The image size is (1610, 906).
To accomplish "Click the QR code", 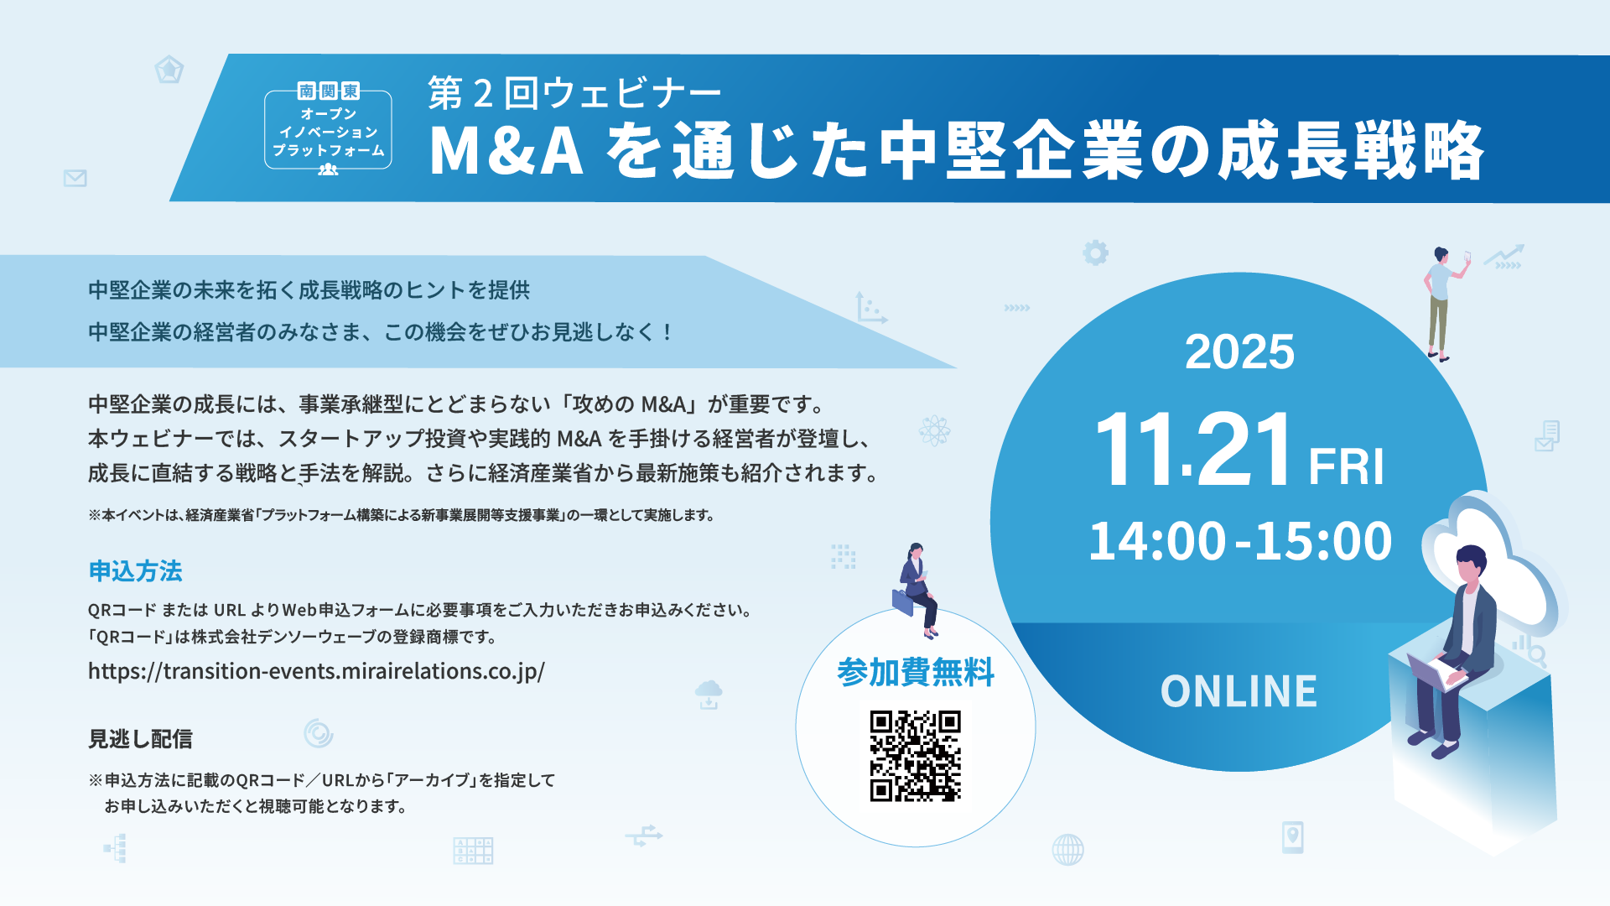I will click(915, 756).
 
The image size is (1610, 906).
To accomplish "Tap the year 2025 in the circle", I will click(1239, 352).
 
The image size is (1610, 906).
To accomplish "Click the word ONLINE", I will click(1239, 691).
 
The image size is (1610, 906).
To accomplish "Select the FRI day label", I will click(1346, 466).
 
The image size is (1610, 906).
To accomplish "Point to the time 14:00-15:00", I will click(1239, 541).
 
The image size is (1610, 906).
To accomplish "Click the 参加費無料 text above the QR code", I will click(915, 673).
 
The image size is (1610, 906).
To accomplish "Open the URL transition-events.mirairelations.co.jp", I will click(316, 671).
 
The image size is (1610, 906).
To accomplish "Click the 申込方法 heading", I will click(135, 571).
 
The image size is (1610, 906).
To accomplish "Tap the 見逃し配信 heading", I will click(140, 739).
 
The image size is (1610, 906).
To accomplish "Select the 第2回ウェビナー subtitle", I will click(574, 93).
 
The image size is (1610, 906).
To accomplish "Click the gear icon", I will click(1095, 253).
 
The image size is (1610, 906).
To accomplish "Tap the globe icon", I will click(1067, 850).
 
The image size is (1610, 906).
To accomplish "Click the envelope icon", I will click(75, 178).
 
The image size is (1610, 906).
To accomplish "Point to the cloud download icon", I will click(709, 694).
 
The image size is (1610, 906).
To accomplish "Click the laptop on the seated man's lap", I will click(1434, 671).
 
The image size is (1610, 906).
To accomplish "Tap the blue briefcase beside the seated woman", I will click(902, 602).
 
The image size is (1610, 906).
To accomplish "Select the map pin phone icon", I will click(1292, 836).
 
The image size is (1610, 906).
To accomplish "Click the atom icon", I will click(934, 431).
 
